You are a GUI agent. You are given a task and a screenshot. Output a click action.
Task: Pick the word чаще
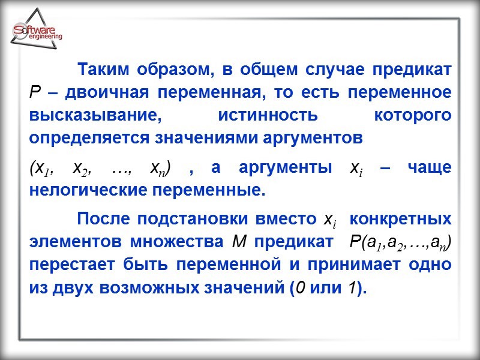tap(430, 169)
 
